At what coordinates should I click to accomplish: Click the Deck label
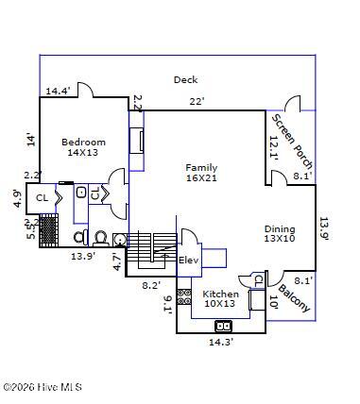point(186,79)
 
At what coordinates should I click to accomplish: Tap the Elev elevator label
point(188,261)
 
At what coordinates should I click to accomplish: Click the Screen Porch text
point(292,142)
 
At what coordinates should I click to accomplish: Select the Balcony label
point(295,298)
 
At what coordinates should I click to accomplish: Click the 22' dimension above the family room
point(197,102)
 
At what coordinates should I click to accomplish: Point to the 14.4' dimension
point(58,92)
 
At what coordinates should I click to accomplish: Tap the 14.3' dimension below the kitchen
point(221,342)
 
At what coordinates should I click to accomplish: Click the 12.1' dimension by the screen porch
point(274,148)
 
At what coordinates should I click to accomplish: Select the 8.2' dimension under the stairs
point(151,285)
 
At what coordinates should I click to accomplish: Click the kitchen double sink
point(224,326)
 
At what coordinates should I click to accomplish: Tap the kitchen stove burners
point(184,297)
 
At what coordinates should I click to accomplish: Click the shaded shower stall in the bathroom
point(49,230)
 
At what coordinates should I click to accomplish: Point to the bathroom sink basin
point(81,192)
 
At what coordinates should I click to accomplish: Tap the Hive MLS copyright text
point(43,387)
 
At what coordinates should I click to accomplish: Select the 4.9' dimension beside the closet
point(19,199)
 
